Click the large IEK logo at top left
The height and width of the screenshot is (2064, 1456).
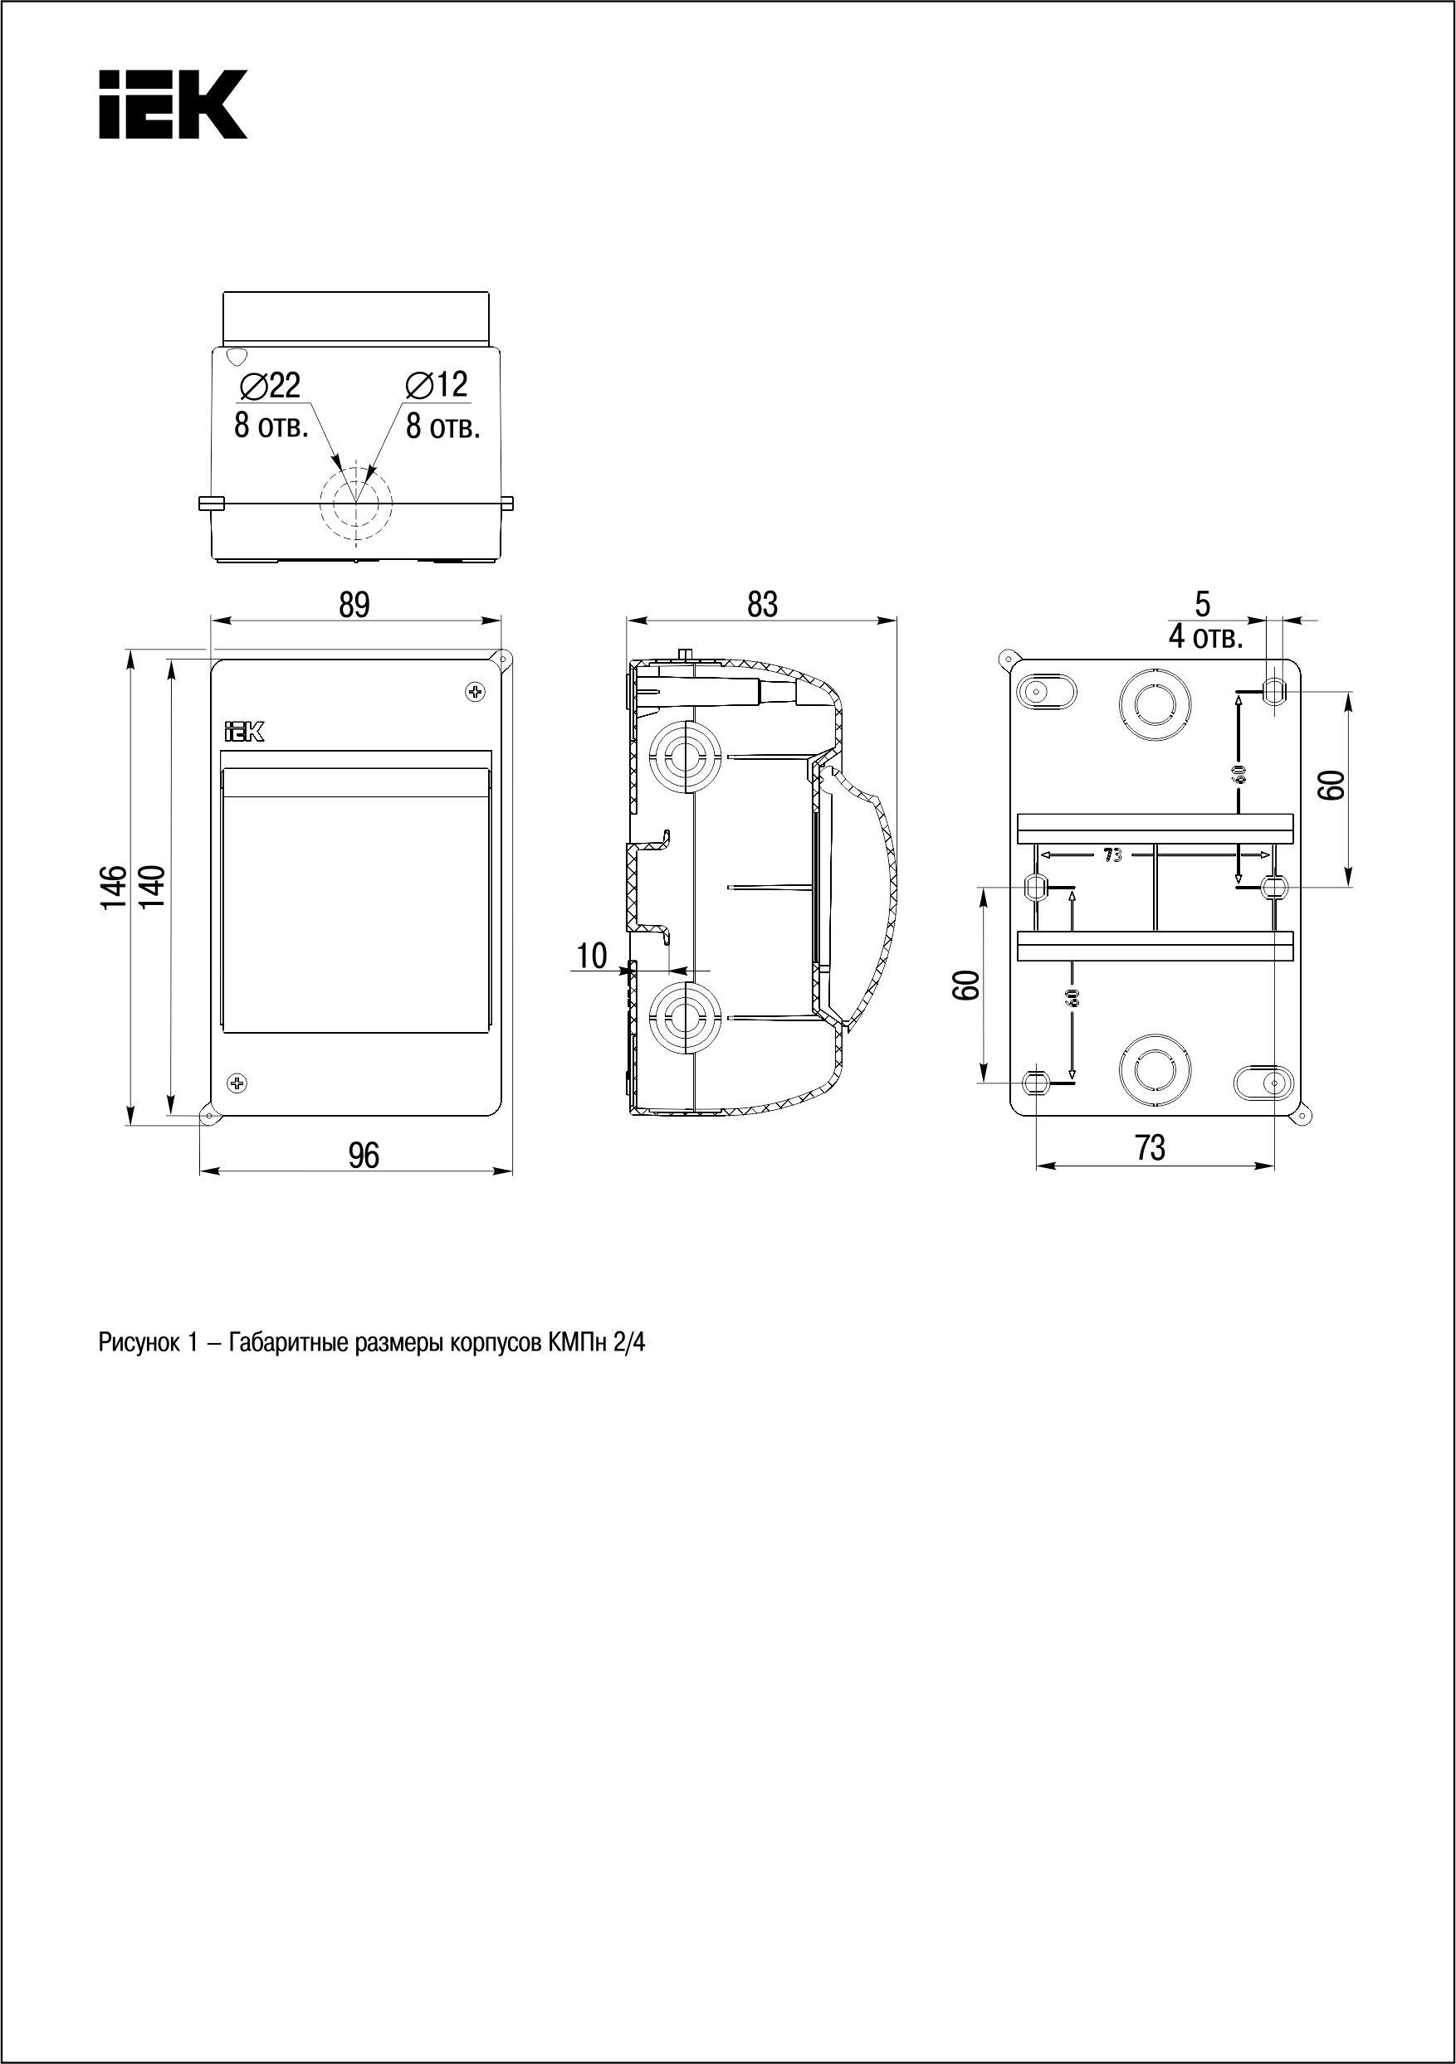point(173,105)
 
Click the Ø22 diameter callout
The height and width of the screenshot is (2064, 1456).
point(270,386)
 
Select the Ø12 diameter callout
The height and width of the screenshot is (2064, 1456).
point(438,385)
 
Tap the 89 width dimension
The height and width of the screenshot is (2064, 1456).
point(354,605)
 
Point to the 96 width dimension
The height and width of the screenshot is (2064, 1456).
point(364,1155)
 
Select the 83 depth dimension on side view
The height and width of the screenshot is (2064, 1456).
point(762,605)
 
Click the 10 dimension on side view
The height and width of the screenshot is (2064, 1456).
point(592,956)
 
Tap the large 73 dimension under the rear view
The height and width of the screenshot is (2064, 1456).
point(1151,1148)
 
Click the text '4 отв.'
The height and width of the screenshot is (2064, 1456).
point(1206,637)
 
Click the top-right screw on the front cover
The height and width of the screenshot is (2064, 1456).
point(475,691)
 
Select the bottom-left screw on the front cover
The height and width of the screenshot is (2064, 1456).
point(237,1083)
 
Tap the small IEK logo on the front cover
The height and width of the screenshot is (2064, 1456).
point(244,733)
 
